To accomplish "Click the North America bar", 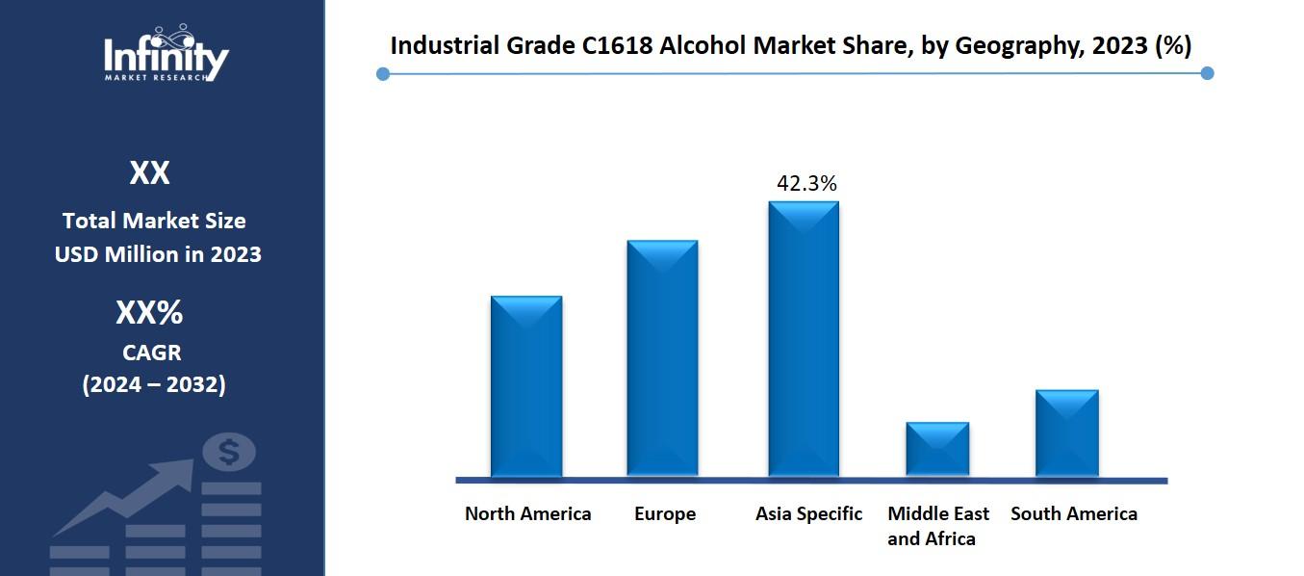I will pyautogui.click(x=526, y=386).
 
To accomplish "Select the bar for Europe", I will pyautogui.click(x=662, y=358).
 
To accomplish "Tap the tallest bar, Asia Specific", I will pyautogui.click(x=803, y=339).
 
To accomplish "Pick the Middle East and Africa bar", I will pyautogui.click(x=937, y=449).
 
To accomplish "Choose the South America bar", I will pyautogui.click(x=1066, y=432).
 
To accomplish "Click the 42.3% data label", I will pyautogui.click(x=806, y=183).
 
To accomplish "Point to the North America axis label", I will pyautogui.click(x=527, y=513).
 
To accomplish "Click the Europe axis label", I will pyautogui.click(x=664, y=513).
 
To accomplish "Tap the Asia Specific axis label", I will pyautogui.click(x=808, y=513).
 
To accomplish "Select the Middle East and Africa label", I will pyautogui.click(x=937, y=526).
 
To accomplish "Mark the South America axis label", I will pyautogui.click(x=1073, y=513).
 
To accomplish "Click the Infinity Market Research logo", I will pyautogui.click(x=166, y=54).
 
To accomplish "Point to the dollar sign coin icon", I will pyautogui.click(x=229, y=451).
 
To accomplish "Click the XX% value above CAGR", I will pyautogui.click(x=149, y=313).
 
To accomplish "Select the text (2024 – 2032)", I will pyautogui.click(x=154, y=384).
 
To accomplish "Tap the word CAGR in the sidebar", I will pyautogui.click(x=151, y=352).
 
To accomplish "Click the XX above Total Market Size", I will pyautogui.click(x=149, y=173).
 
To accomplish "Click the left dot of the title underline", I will pyautogui.click(x=383, y=74).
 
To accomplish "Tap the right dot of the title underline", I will pyautogui.click(x=1208, y=73).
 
